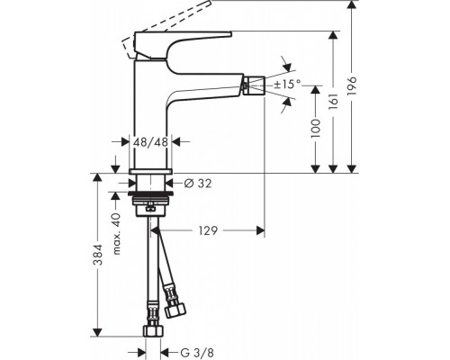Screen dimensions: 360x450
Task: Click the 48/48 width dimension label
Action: click(x=151, y=141)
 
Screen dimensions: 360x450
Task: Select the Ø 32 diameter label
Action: click(x=197, y=184)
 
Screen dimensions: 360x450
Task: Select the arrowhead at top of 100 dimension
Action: click(x=315, y=87)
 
